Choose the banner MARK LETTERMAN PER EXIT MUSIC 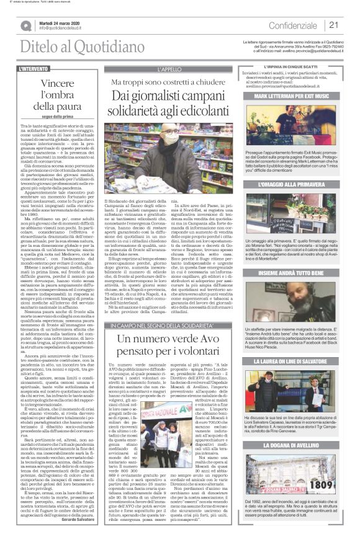click(x=290, y=97)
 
